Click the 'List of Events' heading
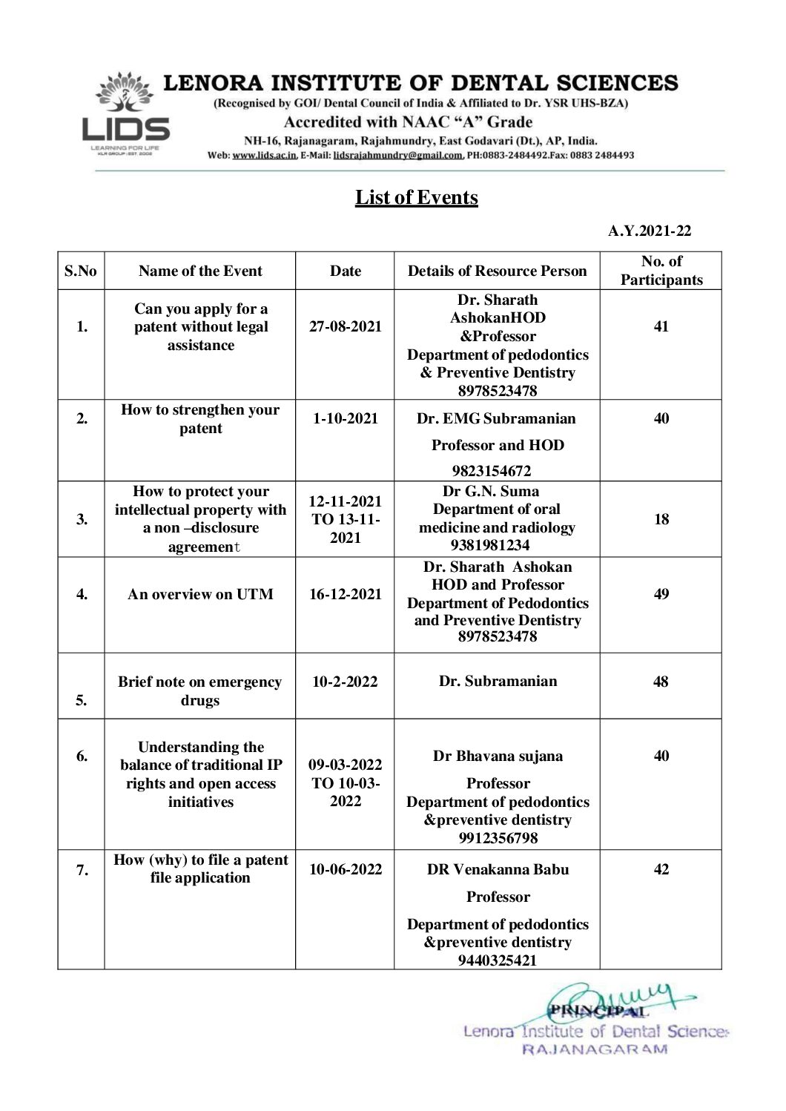click(x=416, y=197)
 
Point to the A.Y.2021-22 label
click(x=649, y=231)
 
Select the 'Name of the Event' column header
click(x=200, y=271)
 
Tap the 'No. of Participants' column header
click(x=661, y=271)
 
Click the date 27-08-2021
click(x=345, y=326)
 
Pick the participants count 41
click(x=661, y=326)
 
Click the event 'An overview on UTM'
click(x=200, y=594)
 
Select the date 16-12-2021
click(x=345, y=594)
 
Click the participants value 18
click(x=661, y=519)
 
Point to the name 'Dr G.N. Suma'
click(x=491, y=491)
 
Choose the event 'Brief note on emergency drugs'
click(x=200, y=691)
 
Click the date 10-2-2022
click(x=345, y=682)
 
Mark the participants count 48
click(x=661, y=682)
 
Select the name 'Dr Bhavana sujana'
click(x=498, y=756)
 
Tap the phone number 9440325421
click(x=498, y=960)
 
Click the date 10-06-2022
click(x=345, y=869)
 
